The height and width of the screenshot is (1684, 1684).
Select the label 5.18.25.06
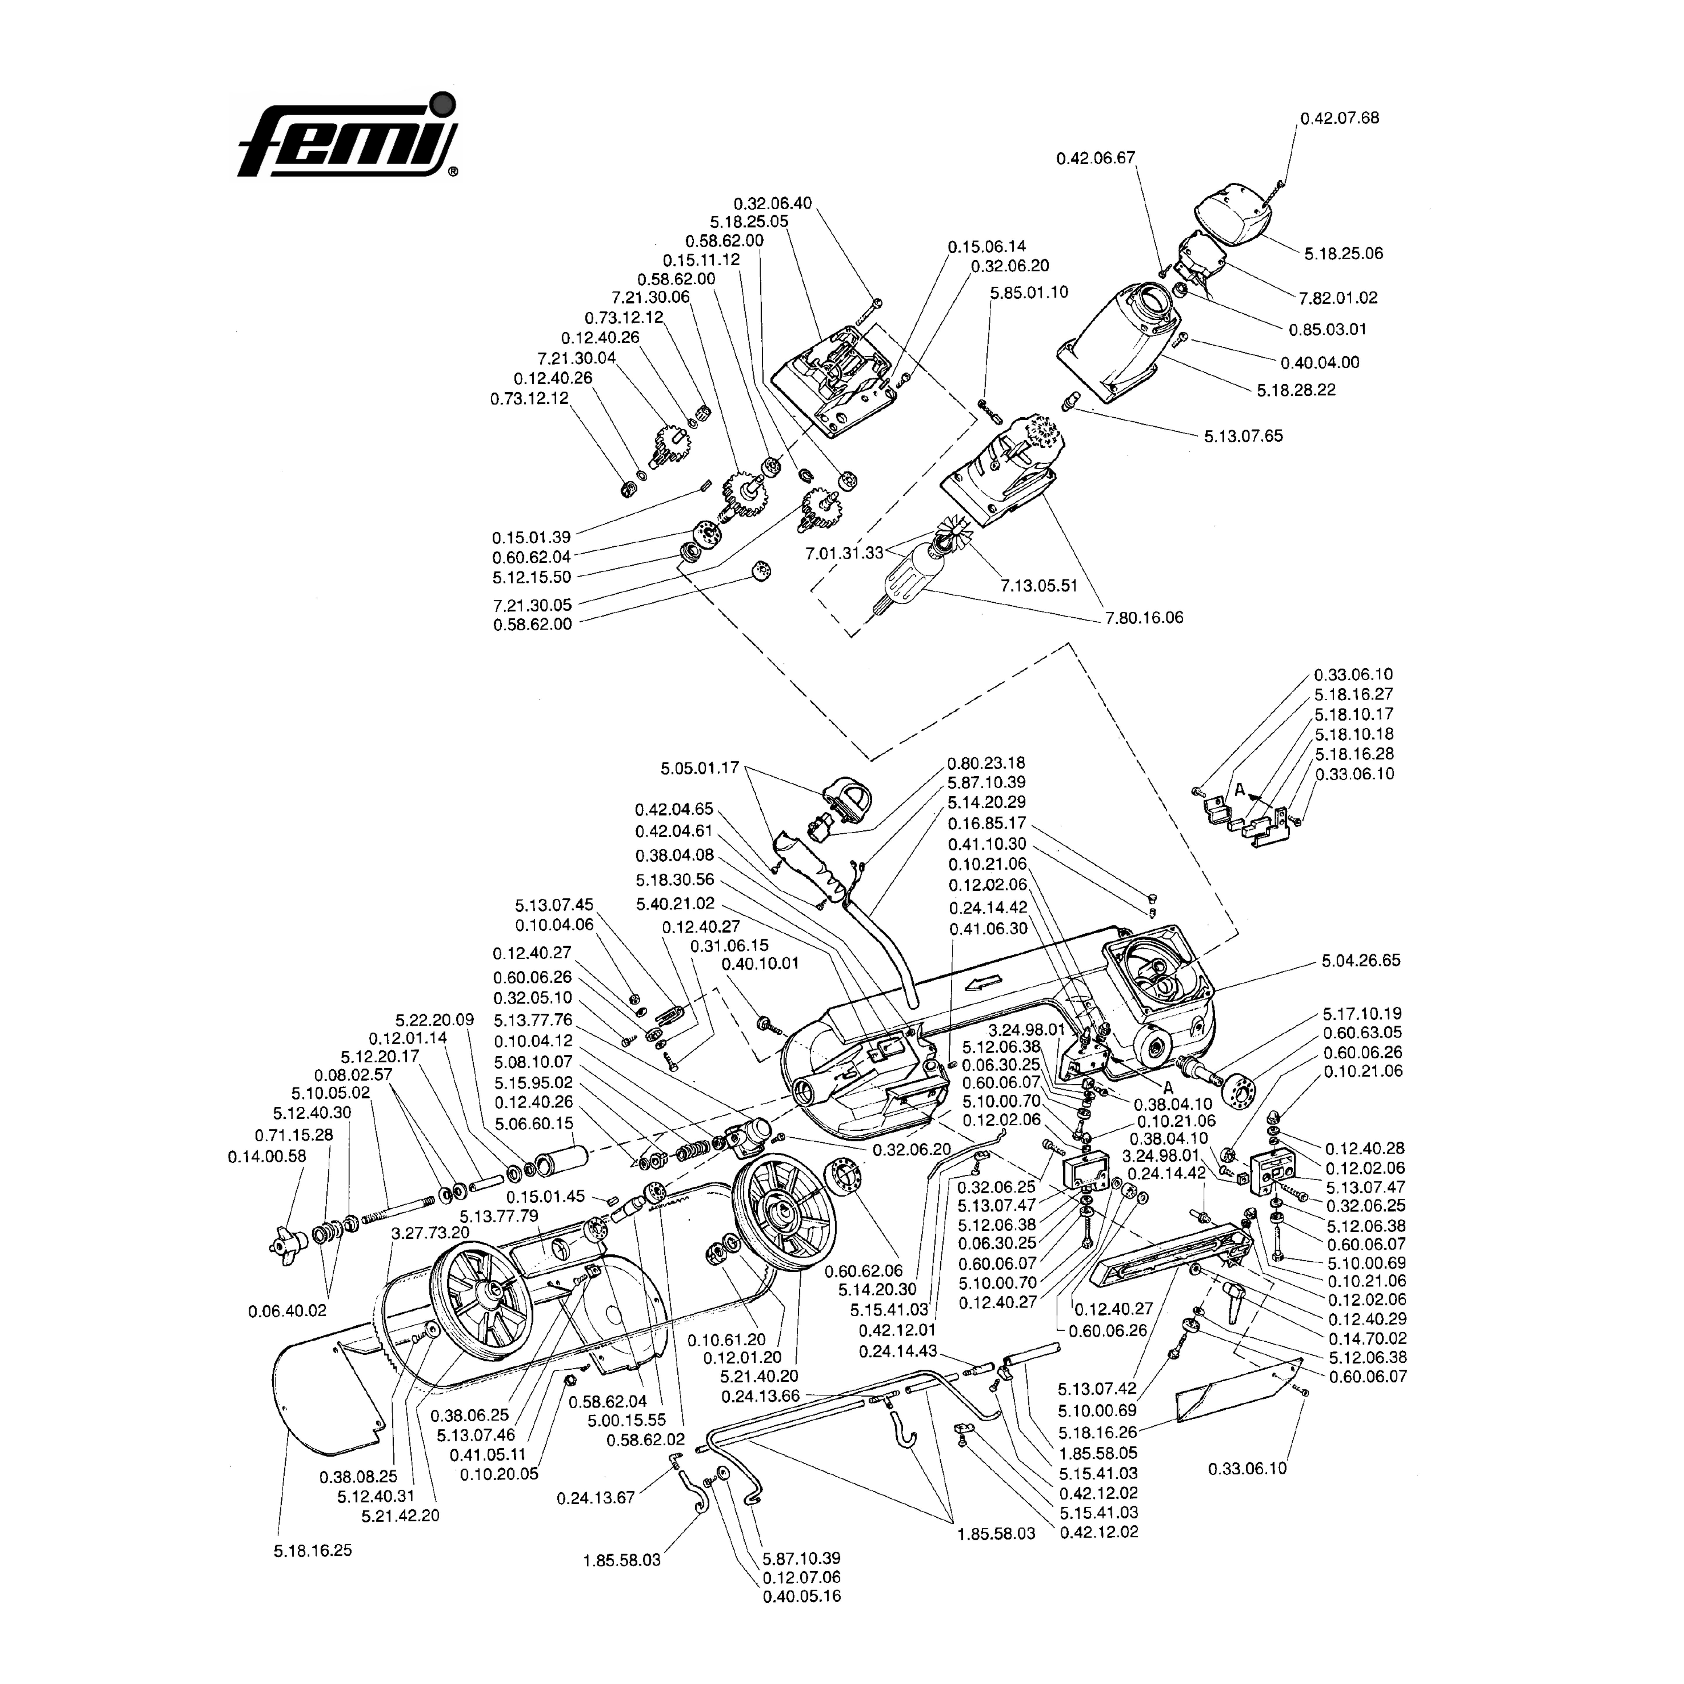point(1343,254)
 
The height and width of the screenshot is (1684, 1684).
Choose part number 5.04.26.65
point(1361,960)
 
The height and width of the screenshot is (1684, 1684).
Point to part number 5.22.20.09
point(434,1020)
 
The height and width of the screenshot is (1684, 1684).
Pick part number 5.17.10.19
point(1362,1014)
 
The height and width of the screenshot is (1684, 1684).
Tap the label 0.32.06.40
point(772,203)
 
